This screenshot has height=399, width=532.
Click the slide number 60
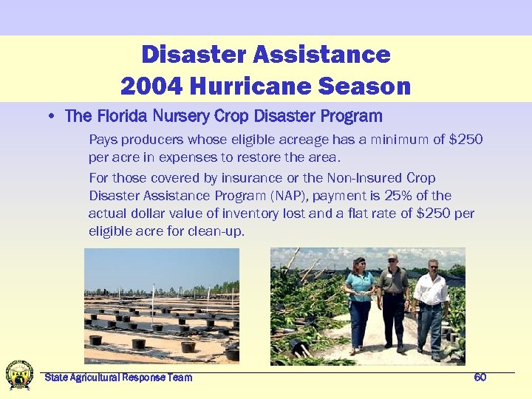click(x=480, y=378)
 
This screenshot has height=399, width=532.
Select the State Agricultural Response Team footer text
click(x=118, y=378)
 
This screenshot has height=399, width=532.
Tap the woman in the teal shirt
click(x=361, y=303)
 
